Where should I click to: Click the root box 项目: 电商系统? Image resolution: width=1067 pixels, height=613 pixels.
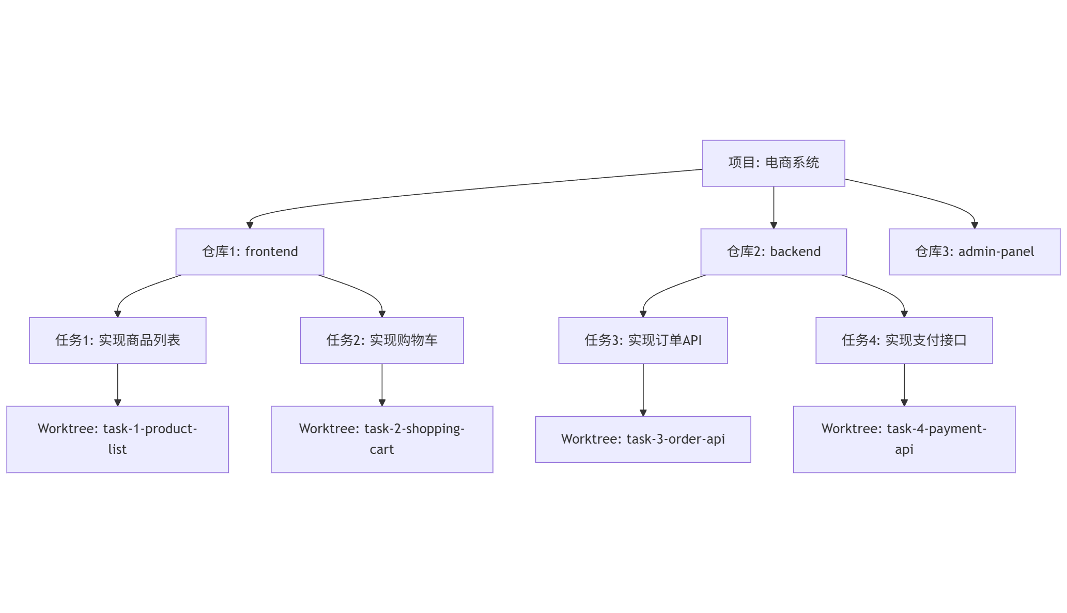pos(773,163)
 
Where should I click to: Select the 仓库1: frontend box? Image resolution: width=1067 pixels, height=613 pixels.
pos(250,252)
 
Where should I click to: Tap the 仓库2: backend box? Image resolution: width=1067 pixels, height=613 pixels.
pos(773,252)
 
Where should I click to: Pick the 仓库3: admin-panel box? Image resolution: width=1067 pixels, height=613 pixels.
pos(974,252)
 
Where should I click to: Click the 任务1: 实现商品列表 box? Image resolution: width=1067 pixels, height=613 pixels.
pos(117,340)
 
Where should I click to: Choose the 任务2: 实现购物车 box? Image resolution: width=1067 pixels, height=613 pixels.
pos(382,340)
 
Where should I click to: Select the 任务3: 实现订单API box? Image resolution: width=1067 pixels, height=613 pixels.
pos(643,340)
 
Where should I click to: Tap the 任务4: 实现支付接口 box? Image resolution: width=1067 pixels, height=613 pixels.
pos(904,340)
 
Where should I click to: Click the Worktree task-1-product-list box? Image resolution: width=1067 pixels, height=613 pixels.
pos(117,439)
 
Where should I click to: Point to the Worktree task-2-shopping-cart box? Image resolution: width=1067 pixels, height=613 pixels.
pos(382,439)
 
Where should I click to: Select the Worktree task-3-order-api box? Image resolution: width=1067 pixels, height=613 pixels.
pos(643,439)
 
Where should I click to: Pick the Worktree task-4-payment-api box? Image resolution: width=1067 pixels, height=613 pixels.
pos(904,439)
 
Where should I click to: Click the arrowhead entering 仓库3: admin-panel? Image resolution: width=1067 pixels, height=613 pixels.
pos(975,225)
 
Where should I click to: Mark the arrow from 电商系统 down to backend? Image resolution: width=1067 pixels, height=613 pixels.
pos(774,207)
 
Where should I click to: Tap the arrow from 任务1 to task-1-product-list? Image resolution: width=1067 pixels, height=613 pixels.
pos(118,384)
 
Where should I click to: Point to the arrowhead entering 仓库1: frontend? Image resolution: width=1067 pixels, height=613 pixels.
pos(250,225)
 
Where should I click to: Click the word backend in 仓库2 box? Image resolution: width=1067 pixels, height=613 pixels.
pos(795,252)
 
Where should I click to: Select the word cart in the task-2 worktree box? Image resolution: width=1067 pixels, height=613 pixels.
pos(382,450)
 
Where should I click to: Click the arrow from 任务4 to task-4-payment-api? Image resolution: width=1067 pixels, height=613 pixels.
pos(904,384)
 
